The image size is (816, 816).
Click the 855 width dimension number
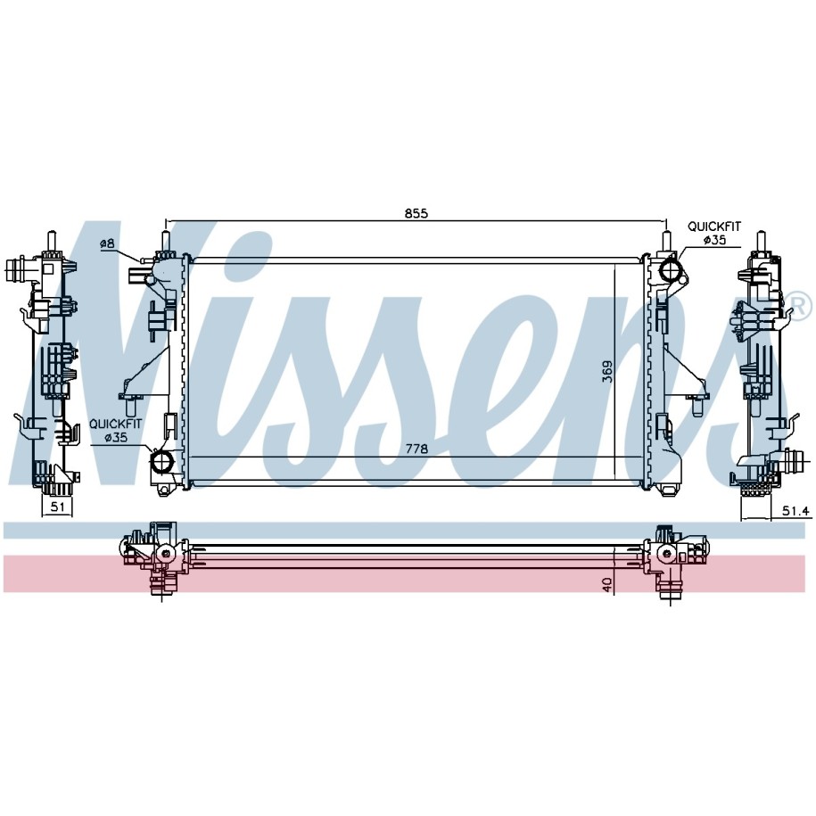coord(416,213)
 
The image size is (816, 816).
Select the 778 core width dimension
coord(416,449)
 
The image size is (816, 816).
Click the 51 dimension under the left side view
coord(58,507)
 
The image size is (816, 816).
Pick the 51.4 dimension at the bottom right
coord(796,512)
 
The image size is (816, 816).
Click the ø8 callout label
coord(107,243)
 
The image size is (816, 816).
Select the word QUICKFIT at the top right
coord(714,227)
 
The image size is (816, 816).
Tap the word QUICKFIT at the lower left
coord(115,424)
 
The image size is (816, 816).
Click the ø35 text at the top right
coord(714,240)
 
